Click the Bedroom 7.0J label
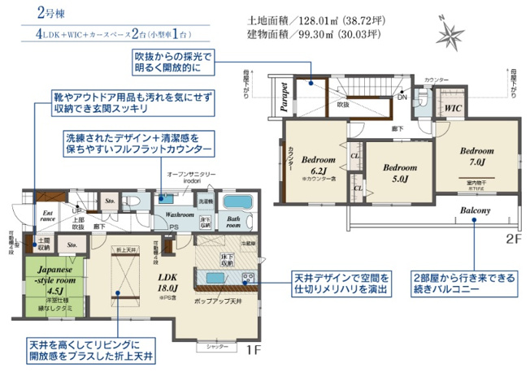coord(476,157)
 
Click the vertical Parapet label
coord(285,96)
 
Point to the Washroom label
coord(179,214)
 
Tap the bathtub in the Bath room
coord(237,203)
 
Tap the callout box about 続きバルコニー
coord(464,283)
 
